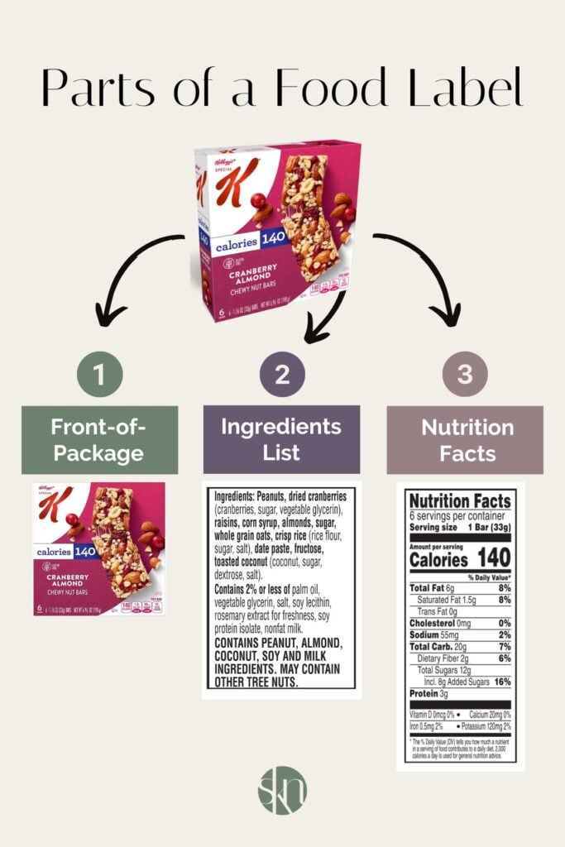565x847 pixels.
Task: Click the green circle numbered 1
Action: pos(99,376)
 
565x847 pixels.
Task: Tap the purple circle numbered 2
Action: pos(282,376)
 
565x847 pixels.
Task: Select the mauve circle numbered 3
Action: pos(465,376)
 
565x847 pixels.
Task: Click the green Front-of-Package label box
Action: pos(99,440)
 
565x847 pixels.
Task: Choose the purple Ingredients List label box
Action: pos(281,439)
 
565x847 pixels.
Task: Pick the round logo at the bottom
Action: pos(282,790)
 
